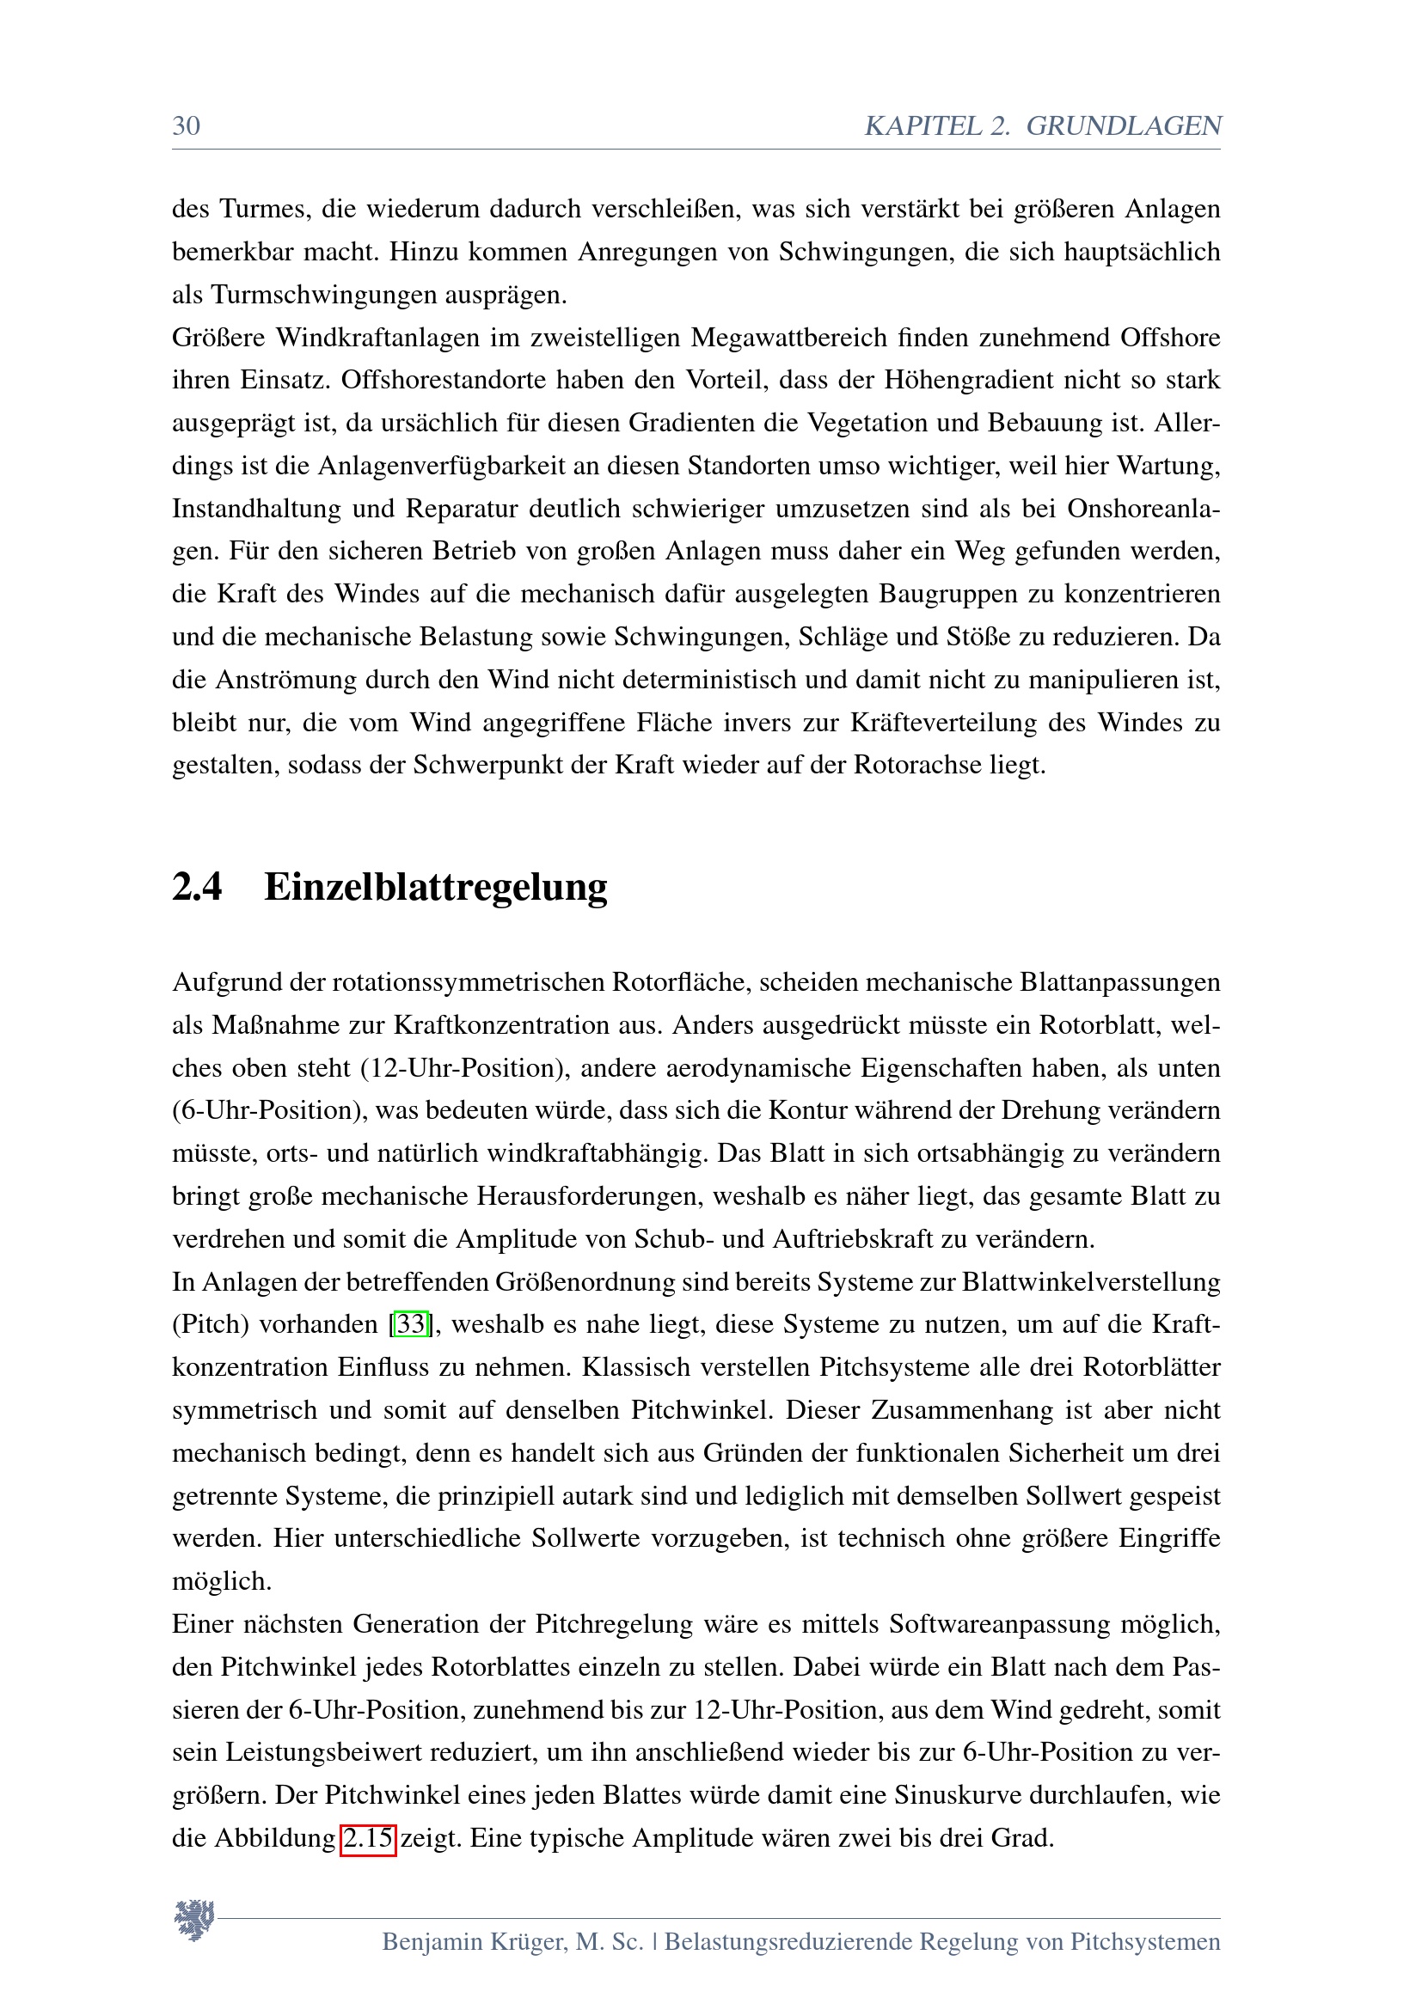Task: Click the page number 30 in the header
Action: pos(186,126)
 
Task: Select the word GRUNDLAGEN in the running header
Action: pos(1124,126)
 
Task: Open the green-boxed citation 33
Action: pos(411,1323)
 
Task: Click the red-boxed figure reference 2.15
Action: pos(368,1836)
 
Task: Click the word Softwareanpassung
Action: pos(999,1624)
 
